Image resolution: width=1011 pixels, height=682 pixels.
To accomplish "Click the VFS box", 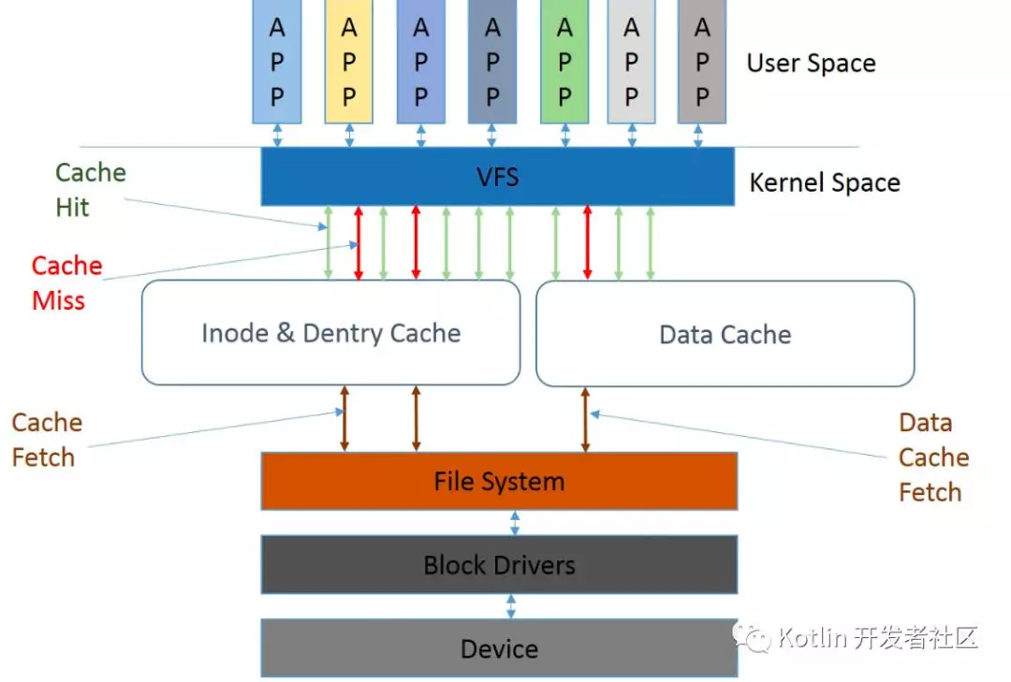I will pos(497,177).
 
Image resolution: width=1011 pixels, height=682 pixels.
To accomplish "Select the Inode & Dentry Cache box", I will pos(330,333).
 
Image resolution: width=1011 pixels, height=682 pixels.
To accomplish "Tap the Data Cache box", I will pos(725,334).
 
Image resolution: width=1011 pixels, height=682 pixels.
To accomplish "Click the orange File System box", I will pos(499,482).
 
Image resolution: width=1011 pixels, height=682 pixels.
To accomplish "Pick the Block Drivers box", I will pos(499,565).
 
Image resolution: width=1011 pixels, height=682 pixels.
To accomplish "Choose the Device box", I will pos(499,648).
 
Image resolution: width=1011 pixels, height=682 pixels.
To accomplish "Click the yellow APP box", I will pos(349,62).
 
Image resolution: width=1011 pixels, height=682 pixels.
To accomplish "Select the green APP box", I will pos(564,62).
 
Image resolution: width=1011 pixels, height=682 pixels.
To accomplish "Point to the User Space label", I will pos(811,64).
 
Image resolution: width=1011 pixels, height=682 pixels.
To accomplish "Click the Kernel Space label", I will pos(824,182).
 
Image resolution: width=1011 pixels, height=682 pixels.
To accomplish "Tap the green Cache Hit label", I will pos(90,190).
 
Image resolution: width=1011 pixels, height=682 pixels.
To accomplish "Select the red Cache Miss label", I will pos(66,283).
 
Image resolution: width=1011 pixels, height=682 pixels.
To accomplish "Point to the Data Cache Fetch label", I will pos(933,457).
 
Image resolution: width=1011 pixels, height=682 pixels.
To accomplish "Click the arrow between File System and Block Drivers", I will pos(515,523).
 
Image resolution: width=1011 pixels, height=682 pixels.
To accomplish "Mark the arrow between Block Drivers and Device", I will pos(511,606).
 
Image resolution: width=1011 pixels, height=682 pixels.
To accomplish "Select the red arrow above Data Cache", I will pos(587,242).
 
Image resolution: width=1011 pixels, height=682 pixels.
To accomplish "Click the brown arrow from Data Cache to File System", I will pos(586,419).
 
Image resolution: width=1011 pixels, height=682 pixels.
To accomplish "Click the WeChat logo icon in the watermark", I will pos(751,638).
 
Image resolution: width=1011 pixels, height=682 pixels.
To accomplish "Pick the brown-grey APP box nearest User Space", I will pos(702,62).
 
